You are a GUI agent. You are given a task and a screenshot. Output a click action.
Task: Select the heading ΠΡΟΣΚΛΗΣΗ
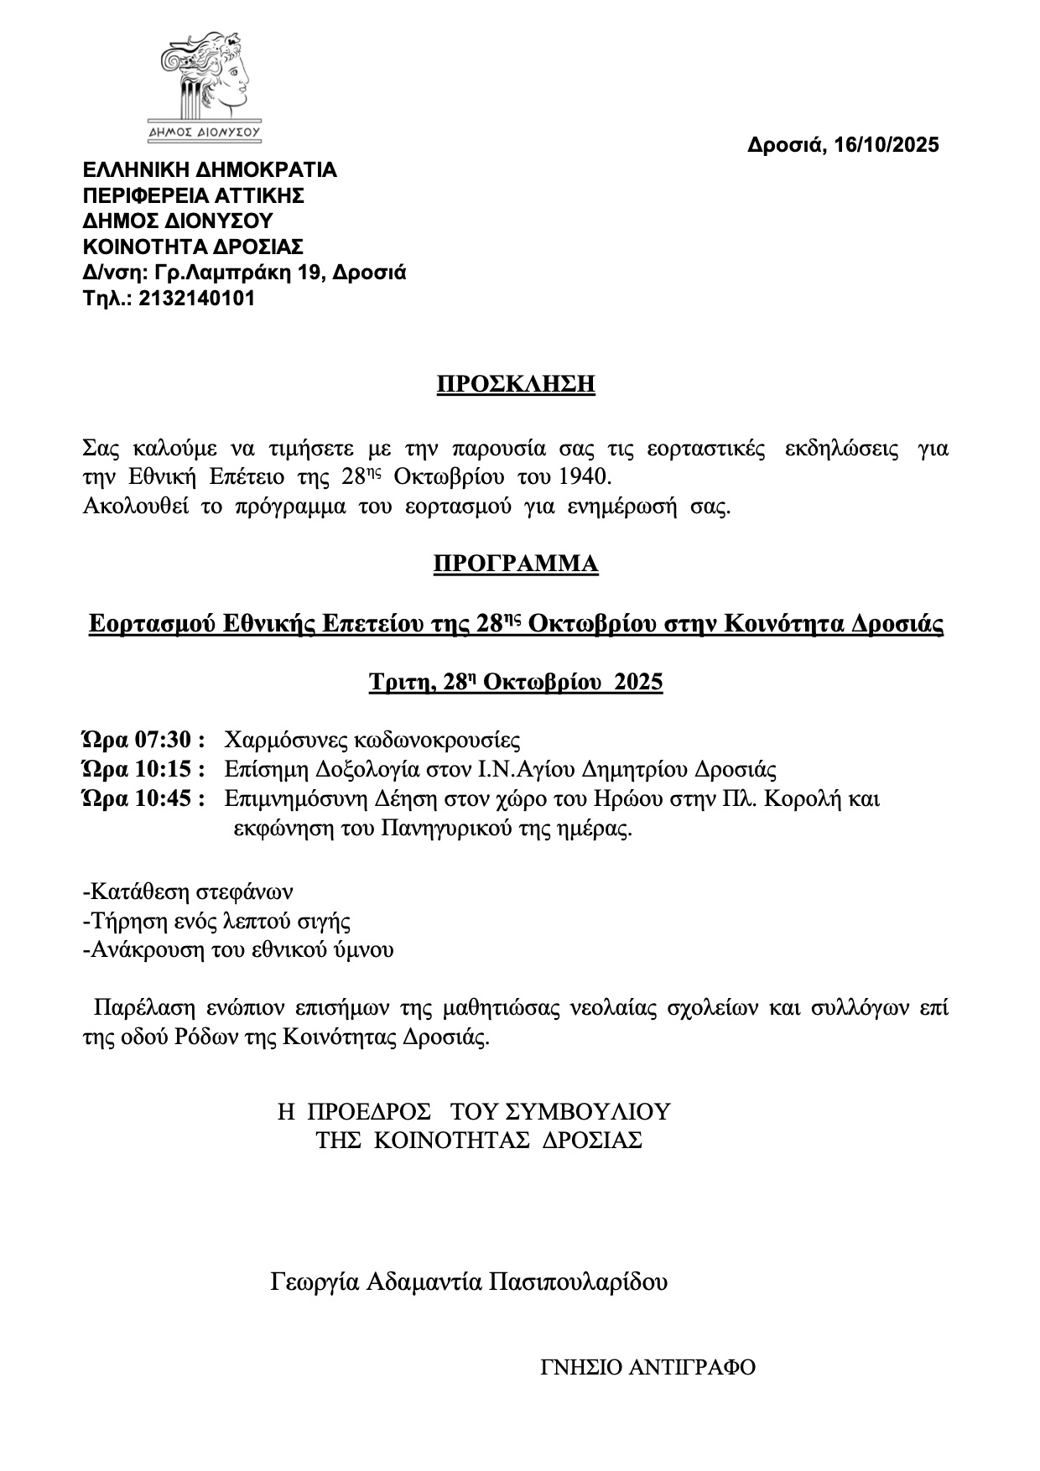[x=516, y=385]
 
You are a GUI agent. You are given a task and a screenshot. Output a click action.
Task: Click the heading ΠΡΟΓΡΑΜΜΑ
[x=516, y=564]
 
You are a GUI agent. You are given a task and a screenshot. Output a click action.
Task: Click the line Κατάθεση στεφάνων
[x=189, y=891]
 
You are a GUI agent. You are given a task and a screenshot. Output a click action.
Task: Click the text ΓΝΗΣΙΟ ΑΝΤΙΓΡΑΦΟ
[x=648, y=1368]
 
